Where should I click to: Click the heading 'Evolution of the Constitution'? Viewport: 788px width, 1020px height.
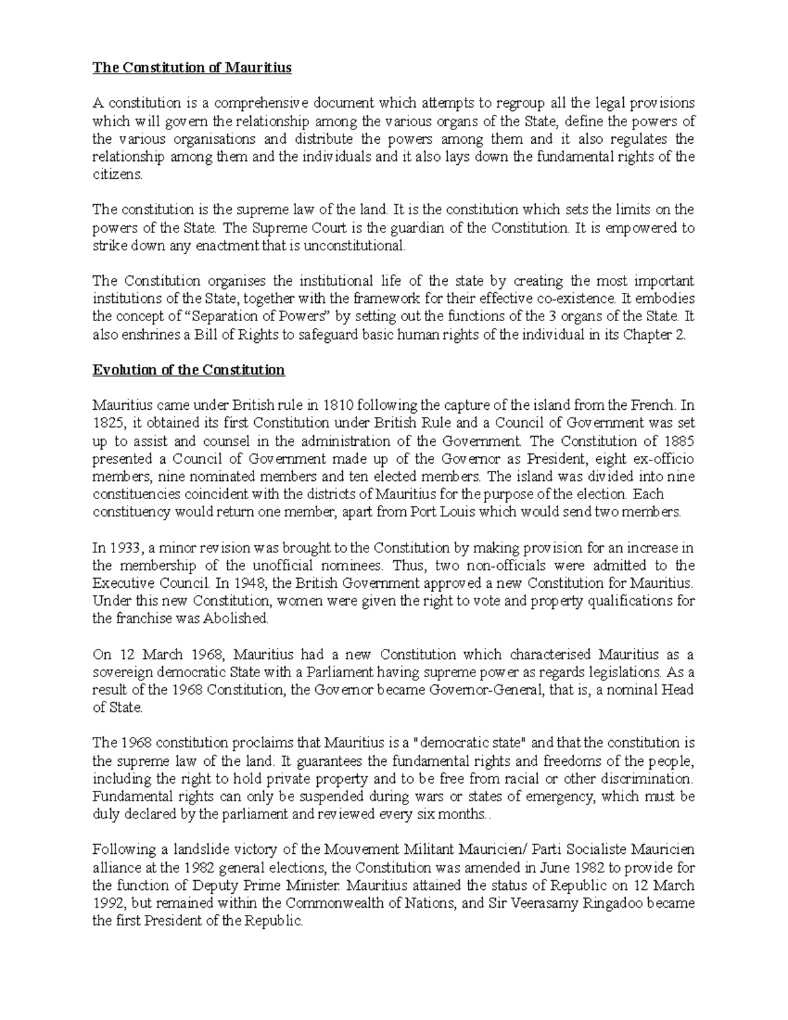188,370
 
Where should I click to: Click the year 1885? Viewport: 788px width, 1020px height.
679,441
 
